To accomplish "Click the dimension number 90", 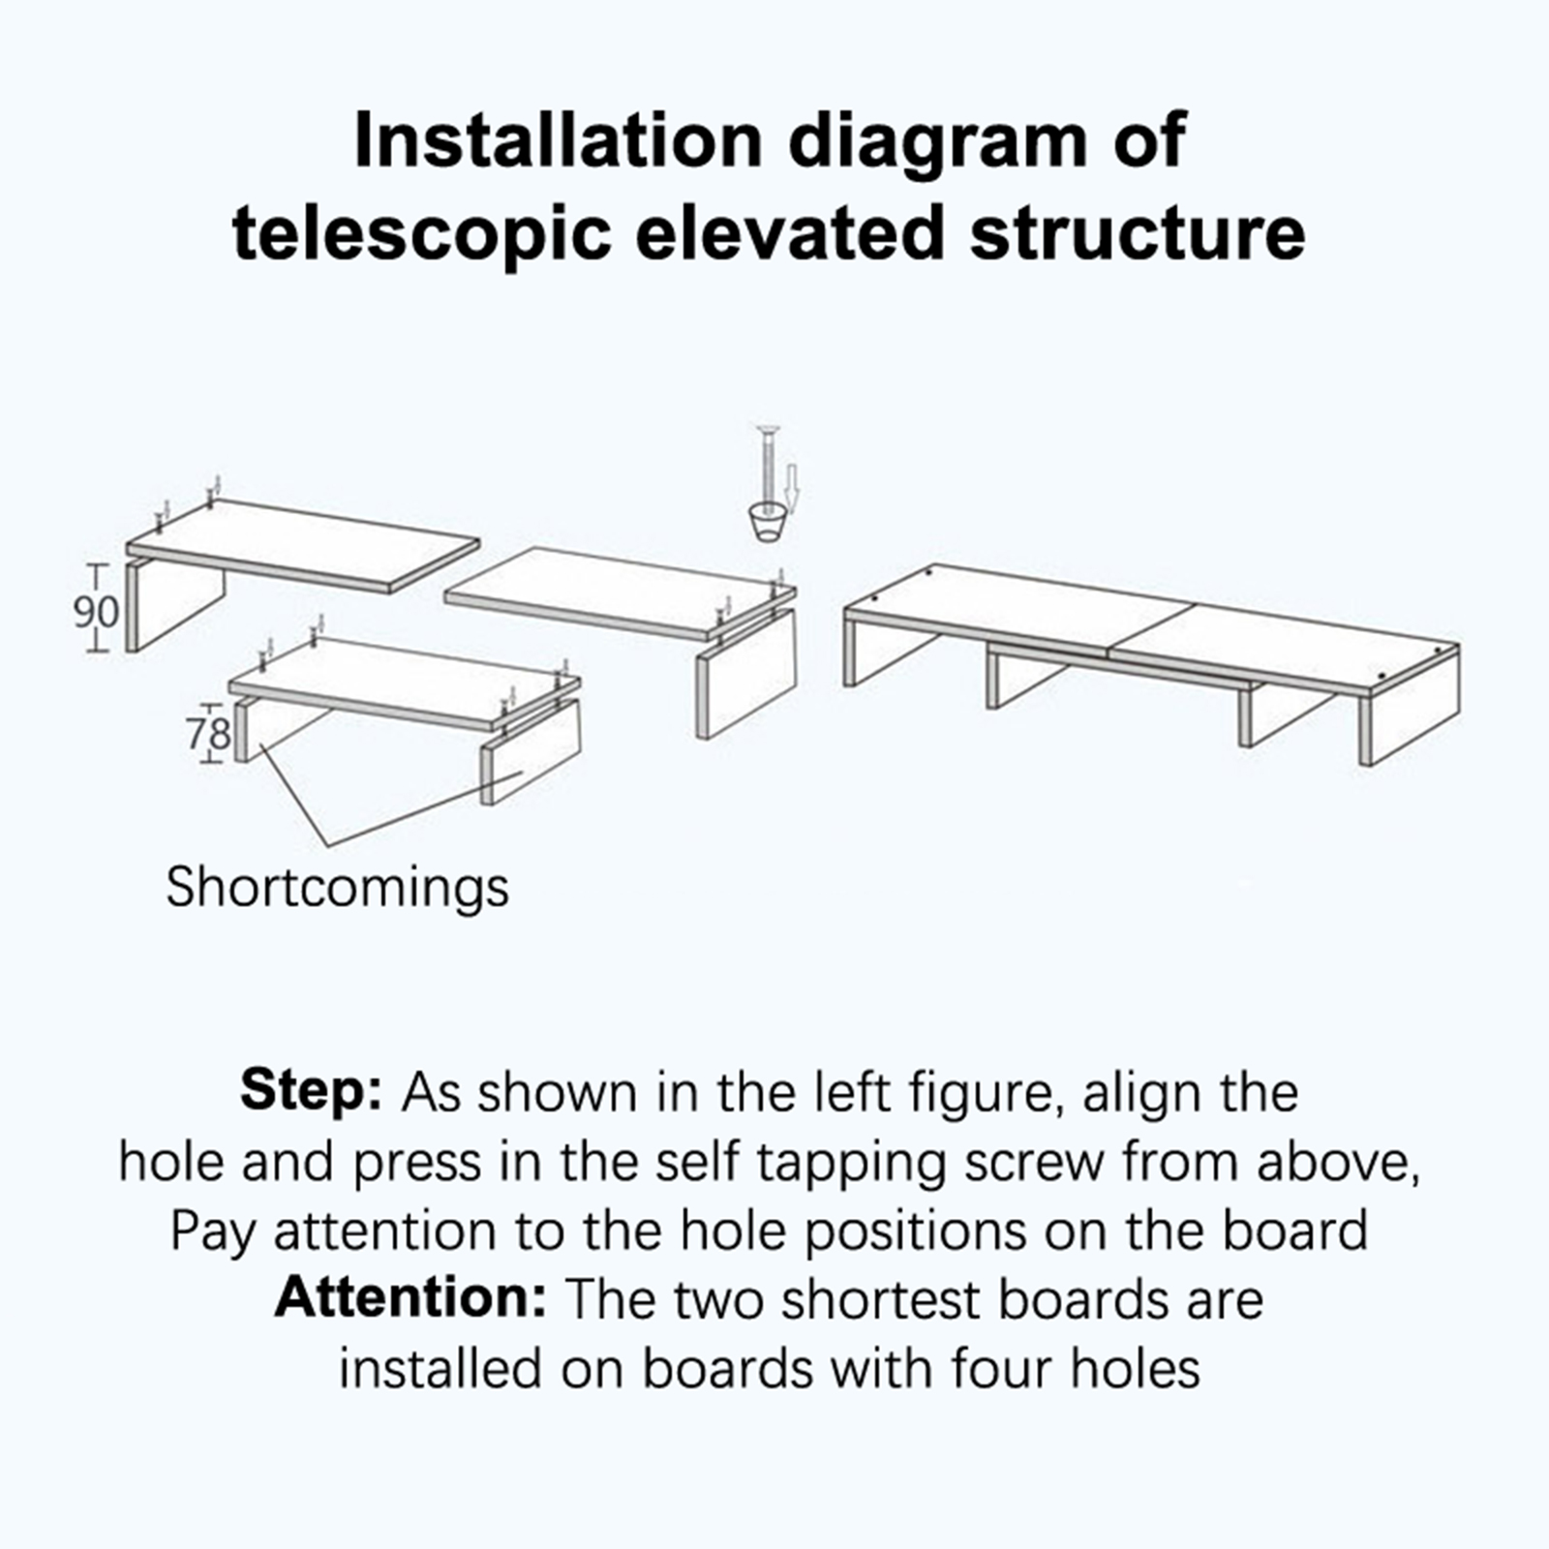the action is (x=97, y=612).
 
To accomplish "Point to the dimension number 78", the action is (x=210, y=733).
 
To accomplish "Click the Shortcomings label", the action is (x=337, y=887).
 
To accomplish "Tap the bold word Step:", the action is (x=312, y=1092).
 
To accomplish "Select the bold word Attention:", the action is (x=410, y=1298).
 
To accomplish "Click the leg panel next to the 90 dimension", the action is (x=176, y=605).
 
